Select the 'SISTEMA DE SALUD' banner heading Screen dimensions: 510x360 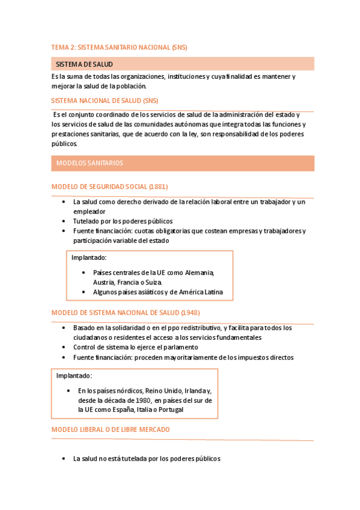pyautogui.click(x=84, y=64)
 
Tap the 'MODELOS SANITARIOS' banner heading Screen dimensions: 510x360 pyautogui.click(x=90, y=163)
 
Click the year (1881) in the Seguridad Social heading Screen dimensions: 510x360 pyautogui.click(x=159, y=186)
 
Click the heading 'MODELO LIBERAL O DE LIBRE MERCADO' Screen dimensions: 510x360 pyautogui.click(x=111, y=429)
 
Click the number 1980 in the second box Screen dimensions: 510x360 pyautogui.click(x=142, y=400)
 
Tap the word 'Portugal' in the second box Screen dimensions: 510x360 pyautogui.click(x=169, y=410)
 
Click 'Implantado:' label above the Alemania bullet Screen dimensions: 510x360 pyautogui.click(x=89, y=257)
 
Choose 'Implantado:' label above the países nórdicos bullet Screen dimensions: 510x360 pyautogui.click(x=74, y=376)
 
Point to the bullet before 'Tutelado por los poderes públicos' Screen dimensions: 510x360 pyautogui.click(x=64, y=221)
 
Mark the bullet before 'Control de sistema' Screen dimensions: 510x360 pyautogui.click(x=64, y=347)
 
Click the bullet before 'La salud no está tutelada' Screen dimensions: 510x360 pyautogui.click(x=64, y=458)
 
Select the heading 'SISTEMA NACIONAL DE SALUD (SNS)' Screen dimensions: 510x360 pyautogui.click(x=105, y=100)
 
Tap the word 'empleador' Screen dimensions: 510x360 pyautogui.click(x=90, y=211)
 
